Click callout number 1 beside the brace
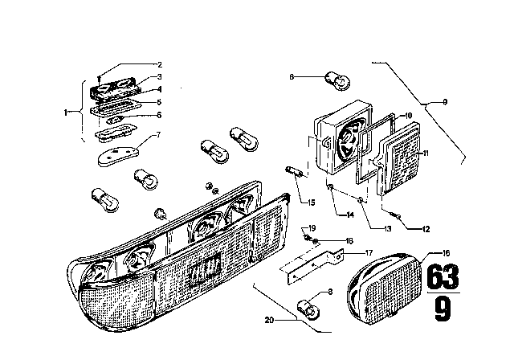click(66, 112)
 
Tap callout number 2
click(160, 64)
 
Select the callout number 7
click(159, 135)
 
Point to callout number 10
click(408, 116)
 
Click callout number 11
click(426, 153)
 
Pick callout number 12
click(426, 229)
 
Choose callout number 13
click(387, 228)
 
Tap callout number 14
click(350, 215)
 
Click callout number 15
click(311, 202)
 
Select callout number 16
click(446, 253)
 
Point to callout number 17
click(369, 253)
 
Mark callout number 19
click(312, 228)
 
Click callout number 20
click(269, 320)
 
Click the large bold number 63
click(443, 276)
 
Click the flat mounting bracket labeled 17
click(312, 266)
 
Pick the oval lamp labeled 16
click(384, 288)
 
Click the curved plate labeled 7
click(118, 156)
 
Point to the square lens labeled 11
click(399, 158)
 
